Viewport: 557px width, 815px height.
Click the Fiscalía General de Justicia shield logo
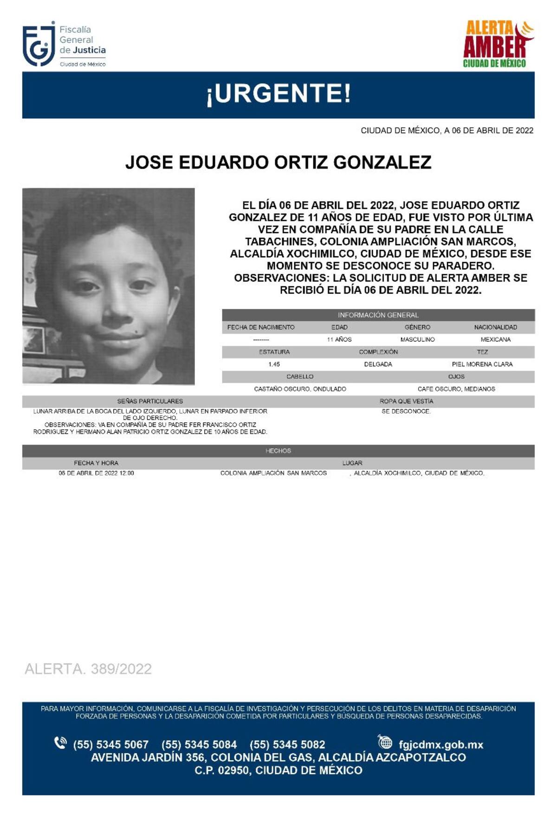pos(39,45)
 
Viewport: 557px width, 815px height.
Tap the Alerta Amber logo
pos(498,45)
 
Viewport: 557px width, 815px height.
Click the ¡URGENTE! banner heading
pos(278,94)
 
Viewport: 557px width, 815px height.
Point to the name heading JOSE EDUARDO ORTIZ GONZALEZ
pos(278,162)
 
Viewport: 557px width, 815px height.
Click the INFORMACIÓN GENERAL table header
pos(378,315)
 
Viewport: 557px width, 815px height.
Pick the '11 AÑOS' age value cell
pos(339,339)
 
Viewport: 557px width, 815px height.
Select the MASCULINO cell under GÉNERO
pos(417,339)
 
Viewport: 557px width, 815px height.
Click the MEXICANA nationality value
pos(495,339)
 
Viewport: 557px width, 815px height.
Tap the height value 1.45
pos(274,365)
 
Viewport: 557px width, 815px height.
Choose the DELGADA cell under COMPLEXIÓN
pos(378,365)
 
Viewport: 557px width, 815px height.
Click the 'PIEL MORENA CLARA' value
pos(482,365)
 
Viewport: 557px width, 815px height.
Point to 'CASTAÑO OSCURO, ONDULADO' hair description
pos(300,389)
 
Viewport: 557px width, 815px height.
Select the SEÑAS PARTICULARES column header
pos(150,401)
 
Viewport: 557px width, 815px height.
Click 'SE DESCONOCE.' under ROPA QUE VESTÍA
pos(406,411)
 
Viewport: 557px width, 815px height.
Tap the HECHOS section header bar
pos(278,451)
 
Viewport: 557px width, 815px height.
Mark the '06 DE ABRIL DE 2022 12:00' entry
pos(96,473)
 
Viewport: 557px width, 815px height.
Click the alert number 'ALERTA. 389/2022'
pos(88,669)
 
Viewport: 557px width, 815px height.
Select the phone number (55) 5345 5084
pos(199,744)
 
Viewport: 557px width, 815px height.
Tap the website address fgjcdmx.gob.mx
pos(440,744)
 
